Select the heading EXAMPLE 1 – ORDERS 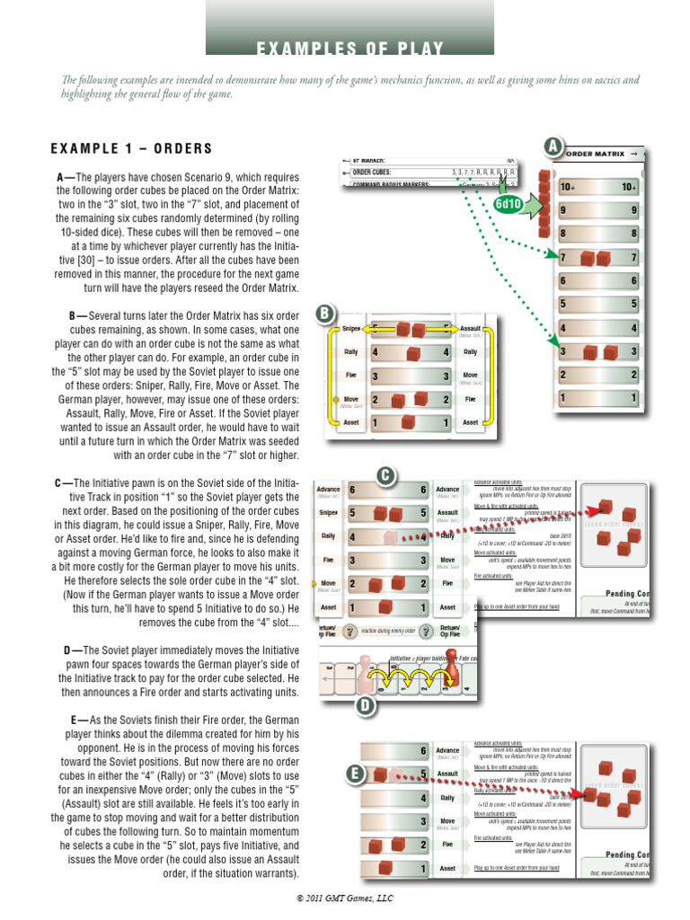(131, 148)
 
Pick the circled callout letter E (356, 773)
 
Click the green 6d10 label (508, 204)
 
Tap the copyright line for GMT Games (345, 898)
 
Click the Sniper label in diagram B (350, 330)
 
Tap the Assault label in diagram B (471, 330)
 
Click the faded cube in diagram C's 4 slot (390, 537)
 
